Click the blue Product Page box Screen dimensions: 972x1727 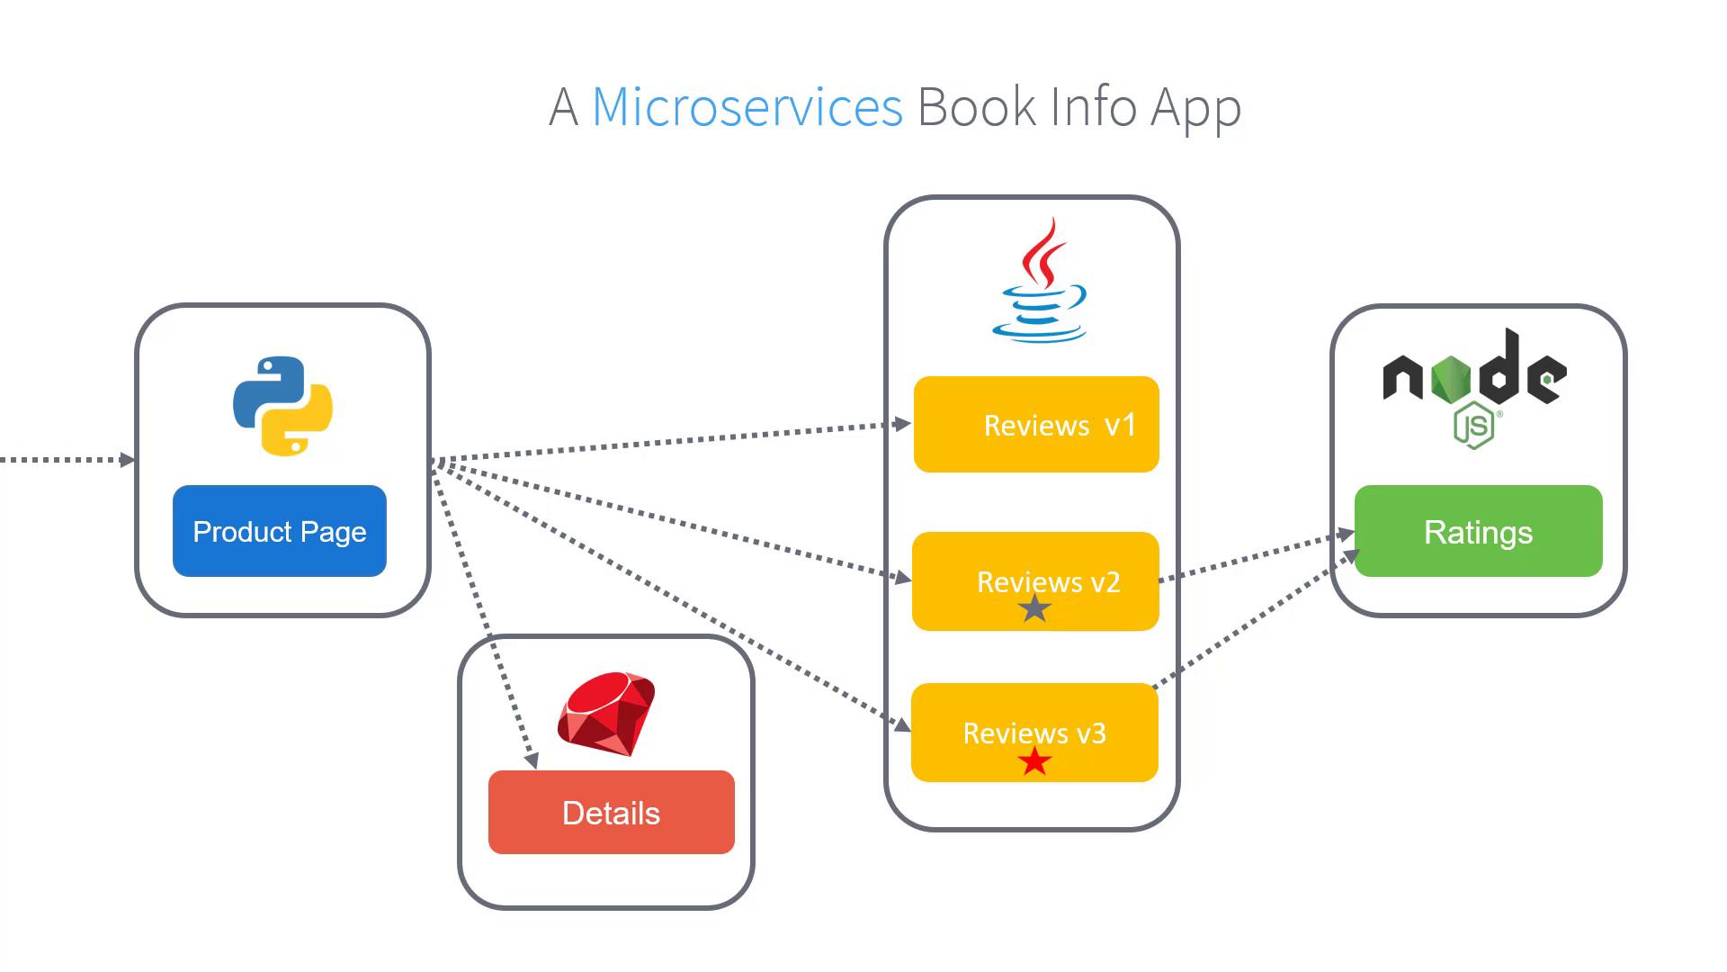pyautogui.click(x=279, y=531)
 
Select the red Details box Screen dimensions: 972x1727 pyautogui.click(x=611, y=812)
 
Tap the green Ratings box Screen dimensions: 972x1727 pyautogui.click(x=1478, y=531)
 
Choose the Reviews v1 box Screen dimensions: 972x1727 pyautogui.click(x=1036, y=424)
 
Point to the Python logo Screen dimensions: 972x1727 pyautogui.click(x=282, y=406)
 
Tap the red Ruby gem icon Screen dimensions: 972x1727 pyautogui.click(x=606, y=713)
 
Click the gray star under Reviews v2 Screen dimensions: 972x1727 pyautogui.click(x=1034, y=609)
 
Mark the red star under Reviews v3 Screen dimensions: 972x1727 pyautogui.click(x=1034, y=761)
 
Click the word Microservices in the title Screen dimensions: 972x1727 pyautogui.click(x=747, y=107)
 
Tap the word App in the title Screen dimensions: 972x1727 pyautogui.click(x=1195, y=109)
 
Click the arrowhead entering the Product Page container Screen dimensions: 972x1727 pyautogui.click(x=128, y=460)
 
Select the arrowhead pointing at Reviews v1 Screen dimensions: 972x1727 pyautogui.click(x=903, y=424)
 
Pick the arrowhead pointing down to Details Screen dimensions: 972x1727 pyautogui.click(x=532, y=760)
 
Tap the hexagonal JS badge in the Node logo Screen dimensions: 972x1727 pyautogui.click(x=1473, y=427)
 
